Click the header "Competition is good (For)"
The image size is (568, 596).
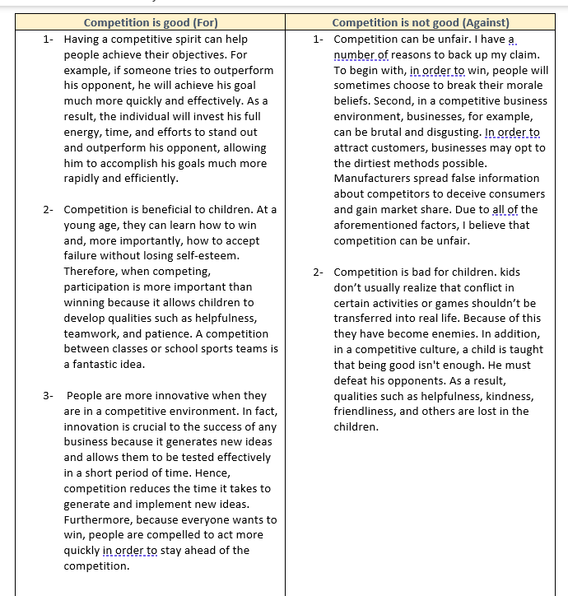(151, 22)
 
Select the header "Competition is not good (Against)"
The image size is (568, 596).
(421, 22)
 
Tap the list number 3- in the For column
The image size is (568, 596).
(49, 396)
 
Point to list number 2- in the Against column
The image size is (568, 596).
(319, 272)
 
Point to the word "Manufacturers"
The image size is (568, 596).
(373, 179)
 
